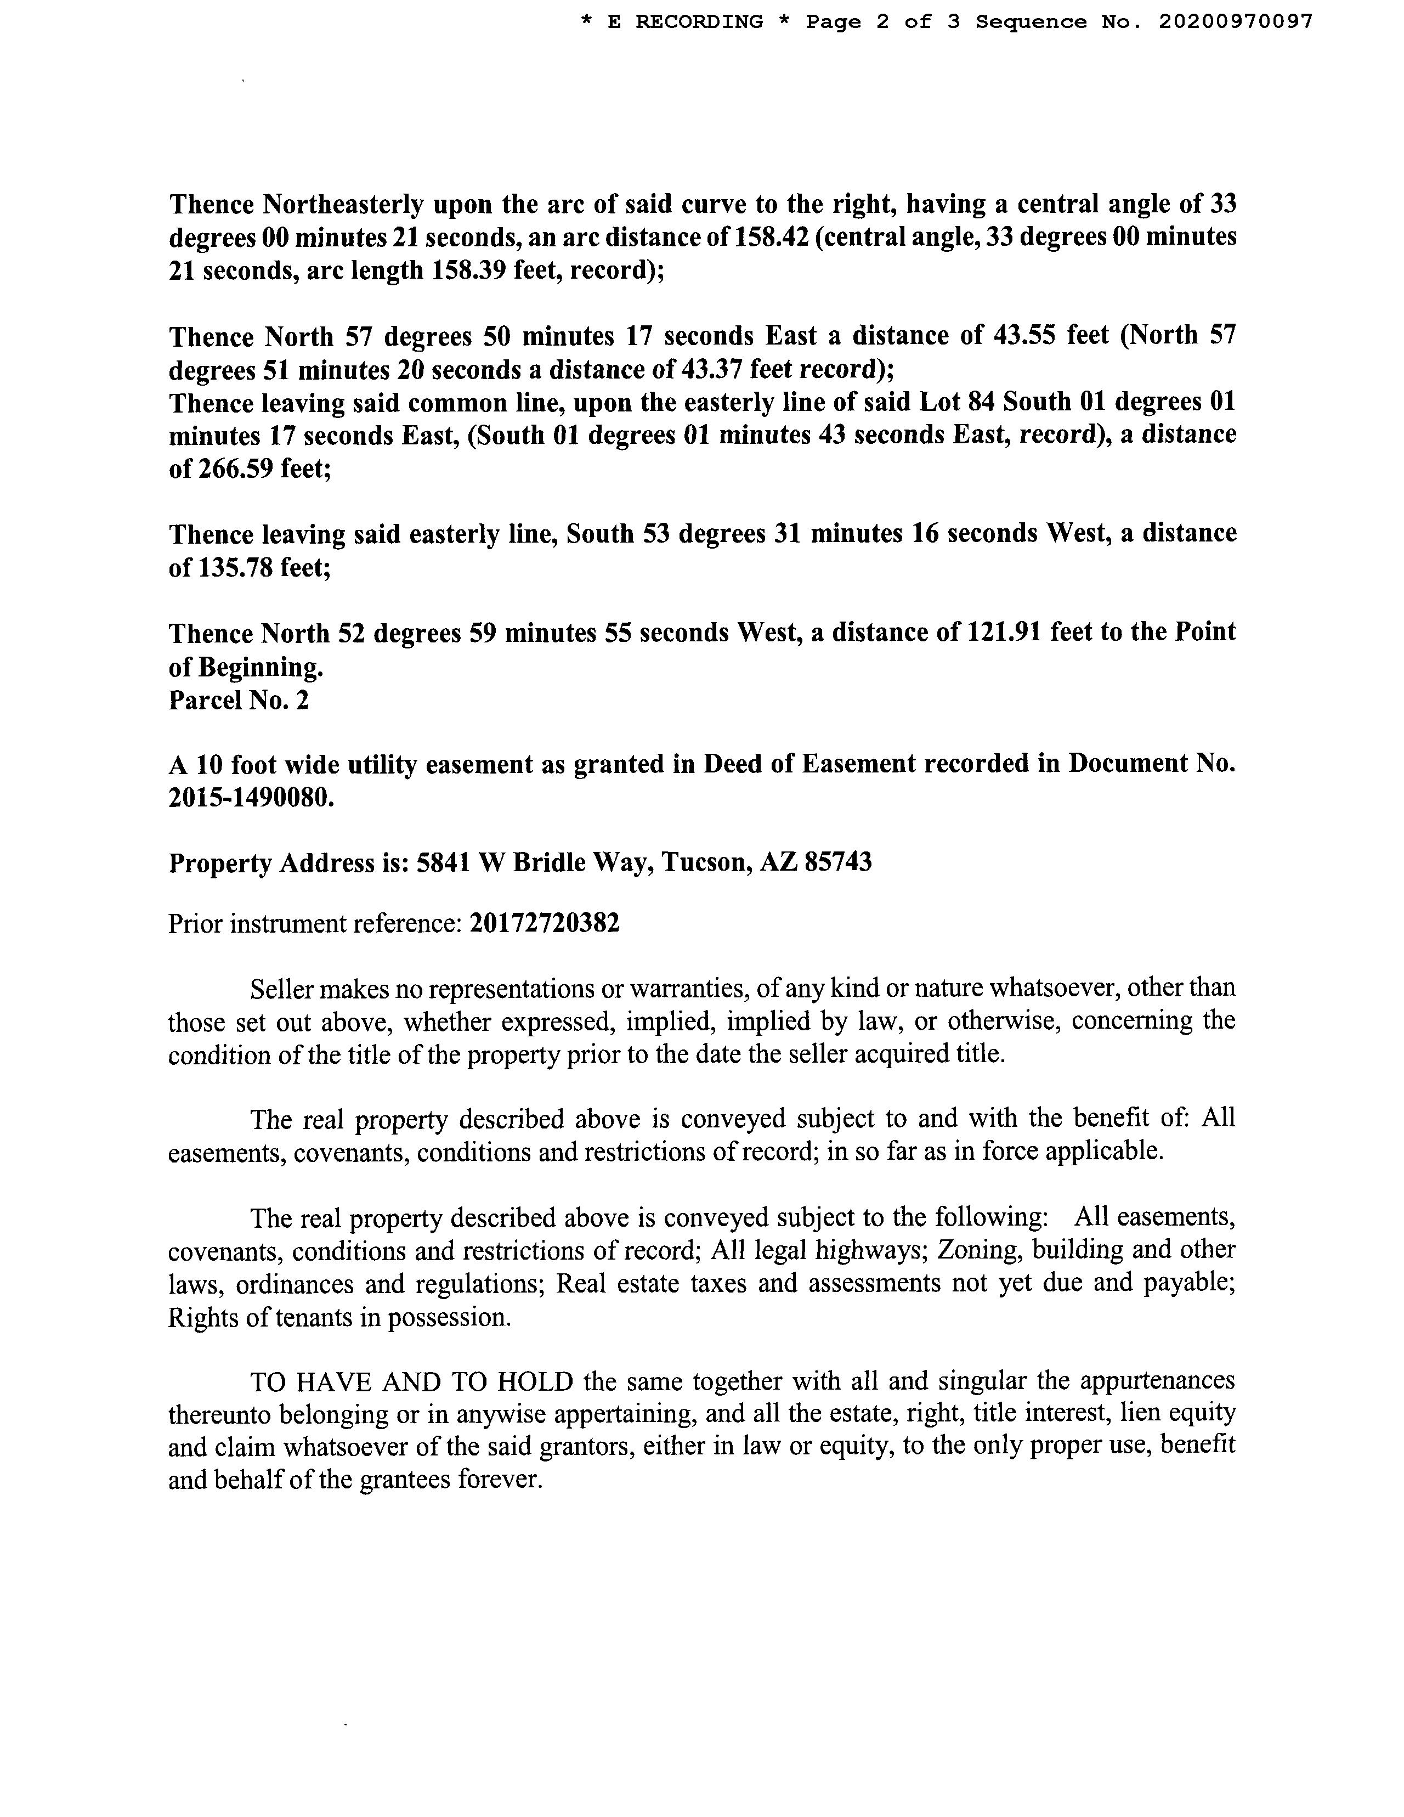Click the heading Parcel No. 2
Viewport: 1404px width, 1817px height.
[x=239, y=701]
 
